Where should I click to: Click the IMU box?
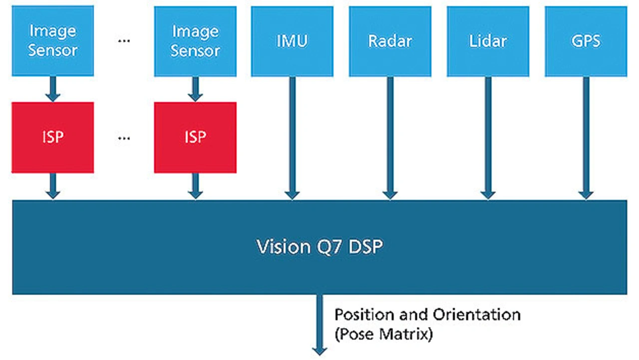tap(292, 41)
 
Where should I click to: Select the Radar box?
tap(390, 41)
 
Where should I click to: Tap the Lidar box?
tap(488, 41)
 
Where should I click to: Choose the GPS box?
tap(586, 41)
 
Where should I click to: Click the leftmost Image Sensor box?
tap(53, 41)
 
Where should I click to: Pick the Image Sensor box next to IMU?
tap(195, 41)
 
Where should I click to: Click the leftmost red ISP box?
tap(53, 137)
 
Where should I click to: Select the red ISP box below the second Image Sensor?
tap(195, 137)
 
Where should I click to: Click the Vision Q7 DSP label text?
tap(319, 247)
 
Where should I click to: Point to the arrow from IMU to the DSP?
tap(292, 138)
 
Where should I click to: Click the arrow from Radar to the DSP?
tap(390, 138)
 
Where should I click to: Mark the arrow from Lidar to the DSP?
tap(488, 138)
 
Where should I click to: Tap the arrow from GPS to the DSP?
tap(586, 138)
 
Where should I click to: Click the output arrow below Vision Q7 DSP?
tap(319, 325)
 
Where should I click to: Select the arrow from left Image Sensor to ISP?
tap(53, 89)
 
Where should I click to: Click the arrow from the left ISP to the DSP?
tap(53, 186)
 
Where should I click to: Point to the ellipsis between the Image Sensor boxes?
tap(124, 41)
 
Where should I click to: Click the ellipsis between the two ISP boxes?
tap(124, 138)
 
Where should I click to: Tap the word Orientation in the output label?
tap(477, 315)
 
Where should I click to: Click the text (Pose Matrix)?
tap(384, 334)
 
